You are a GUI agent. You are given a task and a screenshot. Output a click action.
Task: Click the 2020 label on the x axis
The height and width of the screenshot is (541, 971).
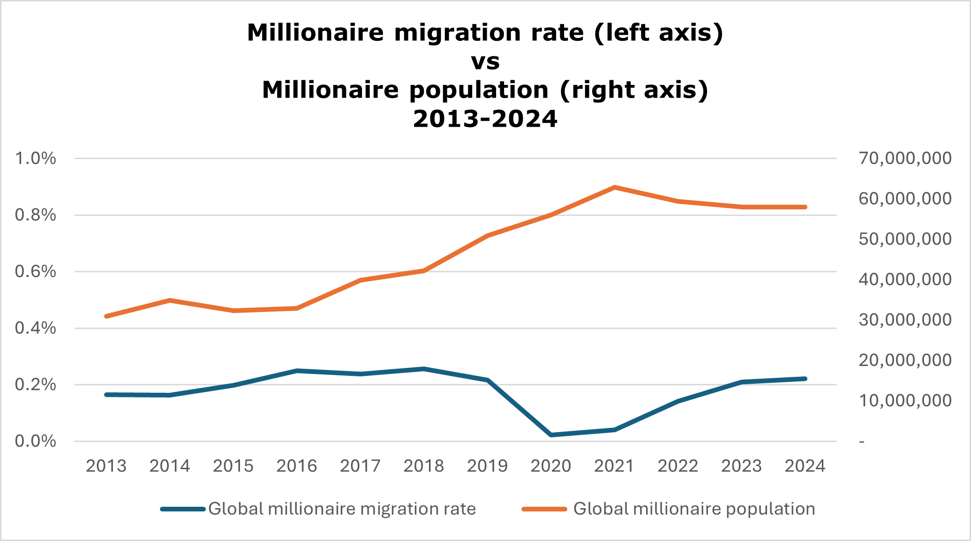(x=551, y=466)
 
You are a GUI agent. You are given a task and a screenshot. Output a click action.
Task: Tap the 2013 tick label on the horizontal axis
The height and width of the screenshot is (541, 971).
(x=106, y=466)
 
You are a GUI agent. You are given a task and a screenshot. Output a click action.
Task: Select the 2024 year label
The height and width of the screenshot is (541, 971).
(x=805, y=466)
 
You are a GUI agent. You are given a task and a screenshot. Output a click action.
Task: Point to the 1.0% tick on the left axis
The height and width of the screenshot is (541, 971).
(x=36, y=159)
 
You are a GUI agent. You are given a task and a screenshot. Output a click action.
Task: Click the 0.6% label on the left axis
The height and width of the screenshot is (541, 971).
(x=36, y=272)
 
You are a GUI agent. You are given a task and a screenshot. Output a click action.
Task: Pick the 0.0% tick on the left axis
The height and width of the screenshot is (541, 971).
(x=36, y=441)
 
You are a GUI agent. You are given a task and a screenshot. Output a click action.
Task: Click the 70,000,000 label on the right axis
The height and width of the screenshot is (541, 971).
(x=905, y=159)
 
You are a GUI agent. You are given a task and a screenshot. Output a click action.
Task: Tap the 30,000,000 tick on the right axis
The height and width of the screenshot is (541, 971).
(x=905, y=320)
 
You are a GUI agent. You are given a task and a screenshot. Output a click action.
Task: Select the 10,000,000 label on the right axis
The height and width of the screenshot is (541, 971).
(x=905, y=401)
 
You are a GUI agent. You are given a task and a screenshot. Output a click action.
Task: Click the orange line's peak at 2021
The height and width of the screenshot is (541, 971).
(x=614, y=187)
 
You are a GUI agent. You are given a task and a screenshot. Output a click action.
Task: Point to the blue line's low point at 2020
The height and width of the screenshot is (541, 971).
(x=551, y=435)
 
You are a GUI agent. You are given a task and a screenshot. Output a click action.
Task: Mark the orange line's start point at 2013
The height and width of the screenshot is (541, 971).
(x=106, y=316)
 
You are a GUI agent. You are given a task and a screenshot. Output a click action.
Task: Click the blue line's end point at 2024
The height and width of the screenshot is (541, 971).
(x=805, y=379)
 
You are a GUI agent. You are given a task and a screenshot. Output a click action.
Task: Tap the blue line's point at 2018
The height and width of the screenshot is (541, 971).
(x=424, y=369)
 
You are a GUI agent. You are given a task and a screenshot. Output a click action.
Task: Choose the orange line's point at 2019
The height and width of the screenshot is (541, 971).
(x=488, y=236)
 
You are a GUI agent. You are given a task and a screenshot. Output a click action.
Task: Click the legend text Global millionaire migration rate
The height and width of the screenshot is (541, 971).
(x=342, y=509)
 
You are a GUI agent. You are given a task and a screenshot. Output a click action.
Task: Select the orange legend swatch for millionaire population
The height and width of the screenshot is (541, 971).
(x=544, y=509)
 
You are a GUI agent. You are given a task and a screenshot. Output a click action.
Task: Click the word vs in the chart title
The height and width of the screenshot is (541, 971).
(x=485, y=61)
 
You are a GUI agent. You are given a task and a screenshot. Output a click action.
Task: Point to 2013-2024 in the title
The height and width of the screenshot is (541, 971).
(x=485, y=119)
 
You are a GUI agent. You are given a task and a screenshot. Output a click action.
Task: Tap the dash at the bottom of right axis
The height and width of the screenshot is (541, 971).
(x=862, y=442)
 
